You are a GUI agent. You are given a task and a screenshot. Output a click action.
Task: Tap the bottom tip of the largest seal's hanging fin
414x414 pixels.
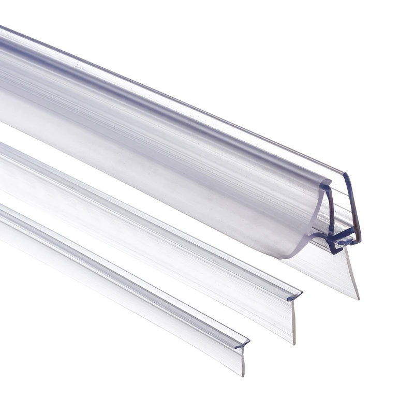pyautogui.click(x=356, y=298)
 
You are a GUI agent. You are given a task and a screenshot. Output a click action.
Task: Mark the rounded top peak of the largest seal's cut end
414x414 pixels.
pyautogui.click(x=346, y=174)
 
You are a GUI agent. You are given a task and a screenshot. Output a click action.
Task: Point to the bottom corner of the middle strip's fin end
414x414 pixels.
pyautogui.click(x=293, y=343)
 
